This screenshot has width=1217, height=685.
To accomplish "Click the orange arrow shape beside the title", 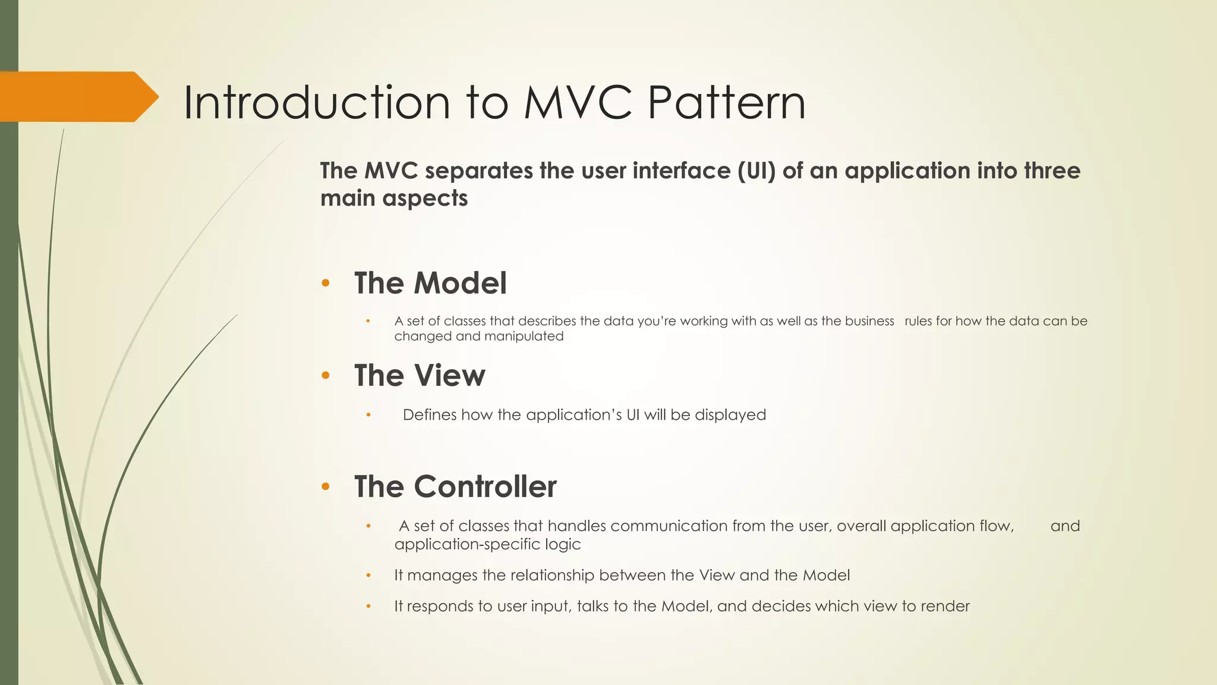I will (77, 97).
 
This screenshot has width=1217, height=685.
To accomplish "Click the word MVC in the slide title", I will (576, 103).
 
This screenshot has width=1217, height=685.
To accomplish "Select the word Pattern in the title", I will (726, 103).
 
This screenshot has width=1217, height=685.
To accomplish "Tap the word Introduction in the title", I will (316, 103).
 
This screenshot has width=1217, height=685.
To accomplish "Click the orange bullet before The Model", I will (325, 283).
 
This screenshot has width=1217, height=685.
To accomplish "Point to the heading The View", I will (420, 376).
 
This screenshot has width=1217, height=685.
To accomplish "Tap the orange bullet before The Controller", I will (325, 487).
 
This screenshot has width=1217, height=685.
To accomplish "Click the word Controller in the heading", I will (485, 487).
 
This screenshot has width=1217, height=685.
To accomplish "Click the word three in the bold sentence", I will (1052, 171).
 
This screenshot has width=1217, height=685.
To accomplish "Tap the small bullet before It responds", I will (368, 607).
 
